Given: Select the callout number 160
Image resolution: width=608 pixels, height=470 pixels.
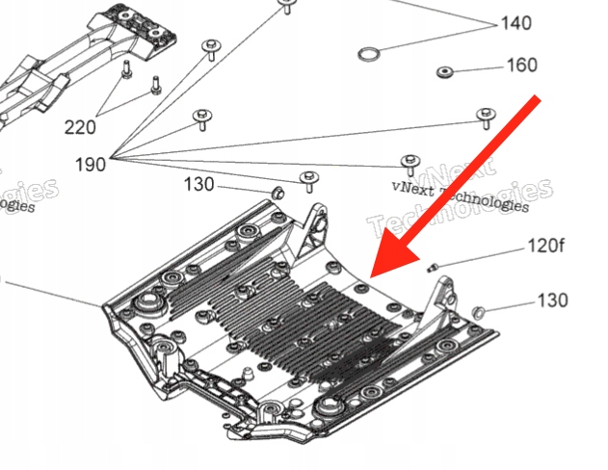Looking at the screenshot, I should (521, 66).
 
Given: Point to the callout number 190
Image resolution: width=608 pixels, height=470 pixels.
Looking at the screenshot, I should (91, 164).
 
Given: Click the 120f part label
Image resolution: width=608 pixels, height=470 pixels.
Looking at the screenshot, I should (544, 247).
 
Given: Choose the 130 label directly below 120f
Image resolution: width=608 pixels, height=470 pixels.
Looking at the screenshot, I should (551, 301).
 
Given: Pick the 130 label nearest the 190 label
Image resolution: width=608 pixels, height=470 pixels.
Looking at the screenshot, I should (198, 184).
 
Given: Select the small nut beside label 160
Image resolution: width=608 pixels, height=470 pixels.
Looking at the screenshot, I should (444, 71).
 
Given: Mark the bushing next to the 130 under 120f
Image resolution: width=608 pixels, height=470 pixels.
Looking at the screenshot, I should (478, 312).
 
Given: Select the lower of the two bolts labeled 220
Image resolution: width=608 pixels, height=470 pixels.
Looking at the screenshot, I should (153, 88).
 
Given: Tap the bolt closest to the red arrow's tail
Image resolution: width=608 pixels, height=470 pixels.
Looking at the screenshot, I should (485, 118).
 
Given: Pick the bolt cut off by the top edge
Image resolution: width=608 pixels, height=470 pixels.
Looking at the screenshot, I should (285, 8).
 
